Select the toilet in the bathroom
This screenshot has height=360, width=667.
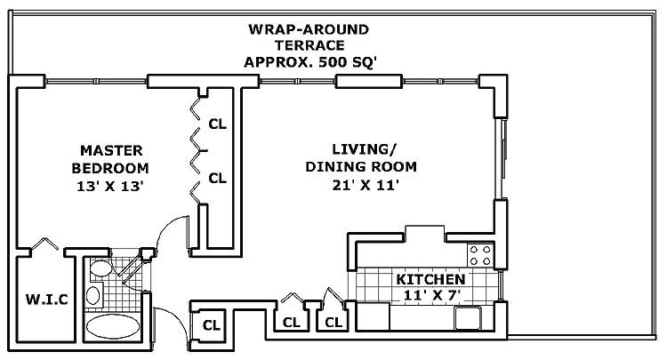(100, 269)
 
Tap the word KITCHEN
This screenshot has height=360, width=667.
(430, 279)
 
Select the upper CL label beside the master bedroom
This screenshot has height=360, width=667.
(217, 124)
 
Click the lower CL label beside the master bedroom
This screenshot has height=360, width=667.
(217, 178)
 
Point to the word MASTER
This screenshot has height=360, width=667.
(110, 149)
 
